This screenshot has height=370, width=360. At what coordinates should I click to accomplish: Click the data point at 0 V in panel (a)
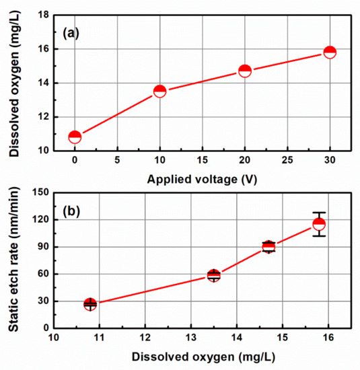click(x=75, y=137)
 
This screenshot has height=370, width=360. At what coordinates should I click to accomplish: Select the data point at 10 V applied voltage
click(x=160, y=91)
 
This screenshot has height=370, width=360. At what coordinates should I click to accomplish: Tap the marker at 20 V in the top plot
click(x=245, y=71)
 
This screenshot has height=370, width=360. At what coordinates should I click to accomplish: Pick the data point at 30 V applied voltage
click(x=330, y=52)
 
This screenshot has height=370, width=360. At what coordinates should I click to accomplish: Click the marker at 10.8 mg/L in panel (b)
click(x=90, y=304)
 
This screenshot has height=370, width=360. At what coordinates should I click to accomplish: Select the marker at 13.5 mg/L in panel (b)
click(x=214, y=275)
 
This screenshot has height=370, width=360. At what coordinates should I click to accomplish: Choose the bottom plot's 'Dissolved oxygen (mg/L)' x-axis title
click(x=203, y=357)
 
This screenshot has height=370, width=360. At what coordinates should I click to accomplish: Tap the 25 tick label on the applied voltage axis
click(x=287, y=161)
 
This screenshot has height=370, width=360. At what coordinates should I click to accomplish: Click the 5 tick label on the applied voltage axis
click(x=118, y=161)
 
